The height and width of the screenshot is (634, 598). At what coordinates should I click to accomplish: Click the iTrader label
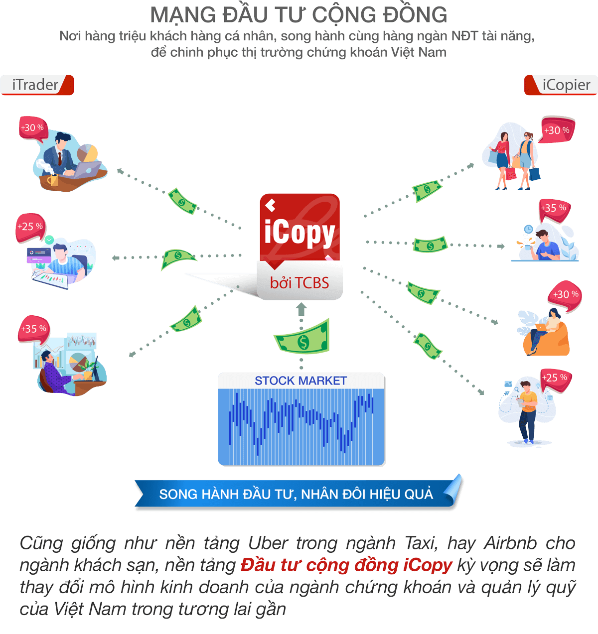(36, 85)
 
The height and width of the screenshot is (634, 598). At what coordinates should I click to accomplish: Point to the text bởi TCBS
(299, 283)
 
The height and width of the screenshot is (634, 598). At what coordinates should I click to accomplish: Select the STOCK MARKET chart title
(300, 381)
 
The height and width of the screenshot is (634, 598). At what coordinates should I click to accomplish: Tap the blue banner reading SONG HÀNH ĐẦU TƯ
(296, 494)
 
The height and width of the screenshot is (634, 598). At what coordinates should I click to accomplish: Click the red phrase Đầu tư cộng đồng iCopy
(346, 565)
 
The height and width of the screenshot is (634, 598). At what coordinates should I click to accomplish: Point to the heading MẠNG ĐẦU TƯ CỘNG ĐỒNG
(299, 15)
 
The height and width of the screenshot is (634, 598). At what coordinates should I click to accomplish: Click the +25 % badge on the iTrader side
(30, 227)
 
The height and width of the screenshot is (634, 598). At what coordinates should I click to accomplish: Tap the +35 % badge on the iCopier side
(553, 208)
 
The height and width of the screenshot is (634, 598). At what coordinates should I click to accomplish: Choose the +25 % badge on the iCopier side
(554, 378)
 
